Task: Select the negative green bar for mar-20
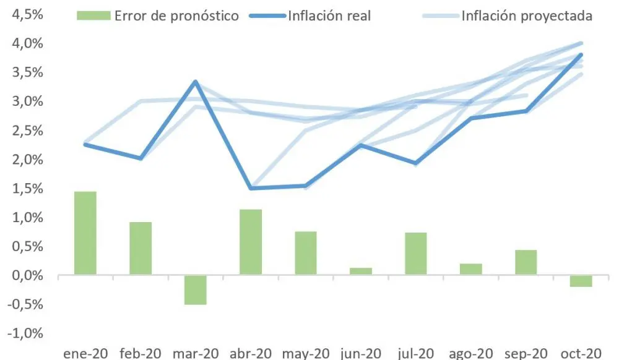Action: [196, 289]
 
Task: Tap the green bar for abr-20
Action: [251, 242]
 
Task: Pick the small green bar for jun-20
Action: [361, 271]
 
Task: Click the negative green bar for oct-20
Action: [581, 281]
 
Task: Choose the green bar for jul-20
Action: [416, 254]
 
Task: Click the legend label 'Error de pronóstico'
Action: [176, 16]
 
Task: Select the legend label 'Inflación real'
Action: [329, 16]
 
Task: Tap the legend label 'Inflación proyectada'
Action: [527, 16]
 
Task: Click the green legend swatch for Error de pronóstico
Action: [93, 15]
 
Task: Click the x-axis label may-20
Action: [306, 353]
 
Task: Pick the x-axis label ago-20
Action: [472, 353]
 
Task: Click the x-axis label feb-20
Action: [140, 353]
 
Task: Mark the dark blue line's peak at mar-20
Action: [196, 82]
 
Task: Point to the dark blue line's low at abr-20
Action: [251, 188]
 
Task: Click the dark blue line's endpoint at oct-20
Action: [581, 54]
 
